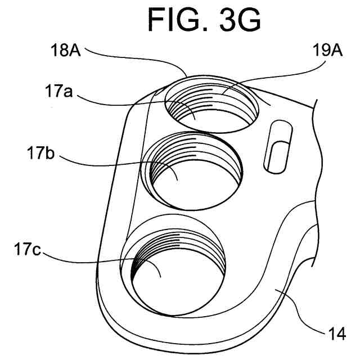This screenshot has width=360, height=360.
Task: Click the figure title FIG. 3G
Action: coord(204,21)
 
